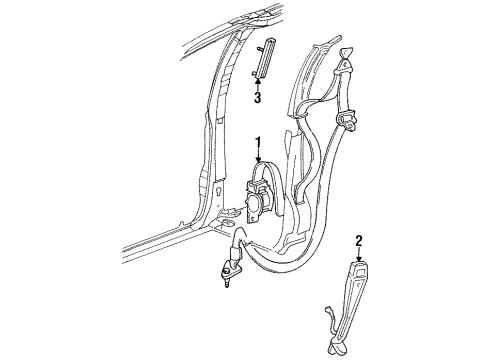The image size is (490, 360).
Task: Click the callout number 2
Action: coord(358,241)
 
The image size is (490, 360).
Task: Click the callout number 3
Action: coord(257,98)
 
